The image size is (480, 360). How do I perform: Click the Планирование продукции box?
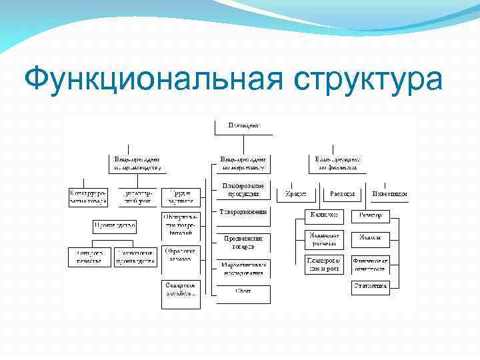point(243,189)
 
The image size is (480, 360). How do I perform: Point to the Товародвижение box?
point(243,213)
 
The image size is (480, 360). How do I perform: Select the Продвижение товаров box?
point(243,242)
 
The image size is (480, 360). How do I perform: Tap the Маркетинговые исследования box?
point(243,268)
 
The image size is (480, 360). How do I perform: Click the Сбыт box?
point(243,291)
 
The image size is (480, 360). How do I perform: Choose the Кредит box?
point(295,194)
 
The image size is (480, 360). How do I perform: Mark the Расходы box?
point(342,194)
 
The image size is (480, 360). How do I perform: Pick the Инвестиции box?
point(390,194)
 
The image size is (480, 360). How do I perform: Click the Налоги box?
point(370,237)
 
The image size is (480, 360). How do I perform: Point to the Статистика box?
point(370,287)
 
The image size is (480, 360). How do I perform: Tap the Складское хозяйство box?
point(181,289)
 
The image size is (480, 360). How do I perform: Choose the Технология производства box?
point(136,257)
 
